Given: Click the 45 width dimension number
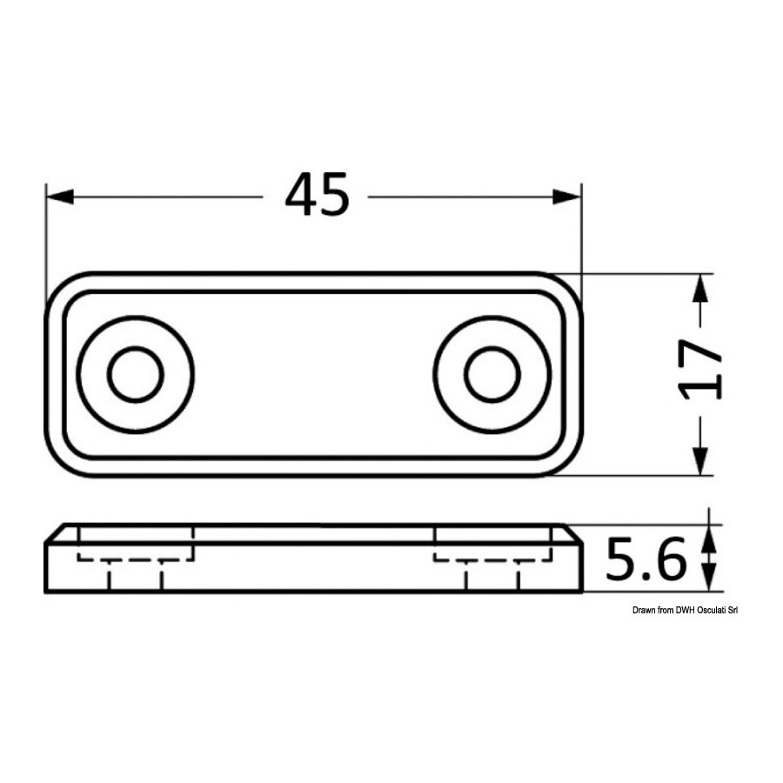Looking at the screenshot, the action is (x=317, y=195).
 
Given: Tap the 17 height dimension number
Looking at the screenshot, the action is (x=700, y=370).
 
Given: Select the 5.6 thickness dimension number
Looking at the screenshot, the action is (x=646, y=559).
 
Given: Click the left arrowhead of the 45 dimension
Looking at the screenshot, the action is (x=60, y=197).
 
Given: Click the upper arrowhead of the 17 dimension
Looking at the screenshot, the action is (x=701, y=288).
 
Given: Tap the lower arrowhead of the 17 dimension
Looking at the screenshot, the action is (x=701, y=461).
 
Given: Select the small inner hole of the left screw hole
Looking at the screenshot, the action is (x=136, y=374).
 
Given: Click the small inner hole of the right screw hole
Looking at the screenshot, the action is (x=492, y=374).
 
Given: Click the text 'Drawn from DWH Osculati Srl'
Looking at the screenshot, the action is (x=685, y=610).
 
